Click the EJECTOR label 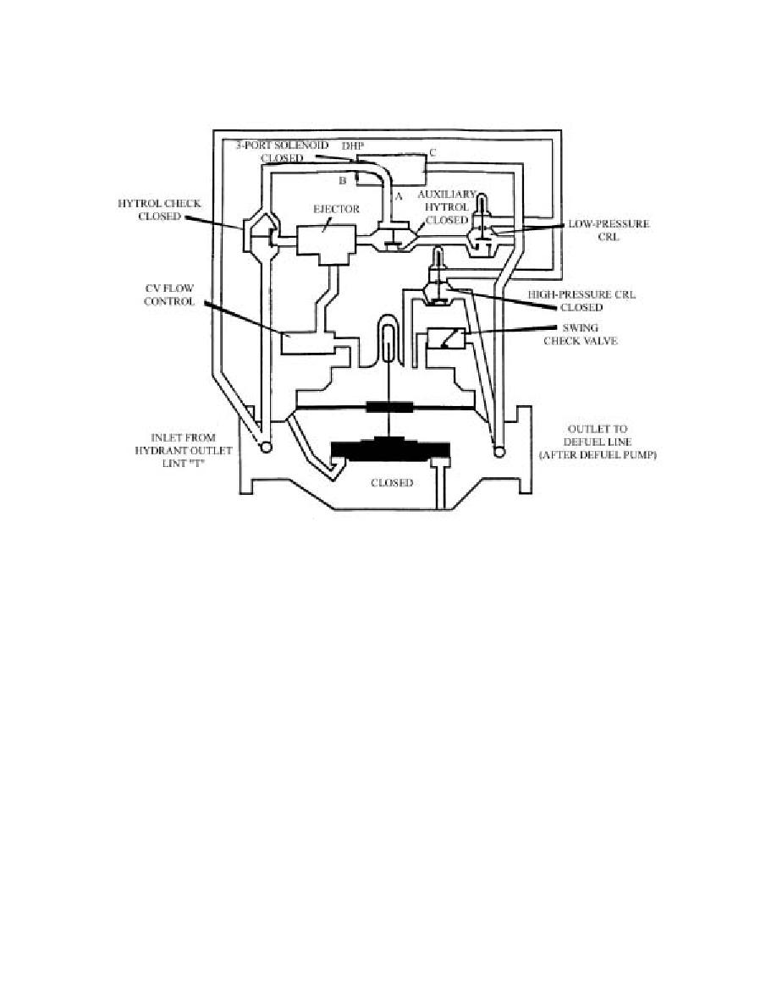pos(336,209)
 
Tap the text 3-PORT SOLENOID pos(282,146)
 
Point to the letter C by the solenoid pos(433,152)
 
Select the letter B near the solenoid pos(342,181)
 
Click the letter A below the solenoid pos(398,197)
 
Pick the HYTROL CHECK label pos(160,203)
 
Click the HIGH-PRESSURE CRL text pos(581,294)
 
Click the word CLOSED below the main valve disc pos(392,483)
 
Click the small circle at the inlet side pos(264,448)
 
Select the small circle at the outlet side pos(499,452)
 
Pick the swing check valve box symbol pos(446,338)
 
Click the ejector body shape pos(326,244)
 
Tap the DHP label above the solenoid pos(353,146)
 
